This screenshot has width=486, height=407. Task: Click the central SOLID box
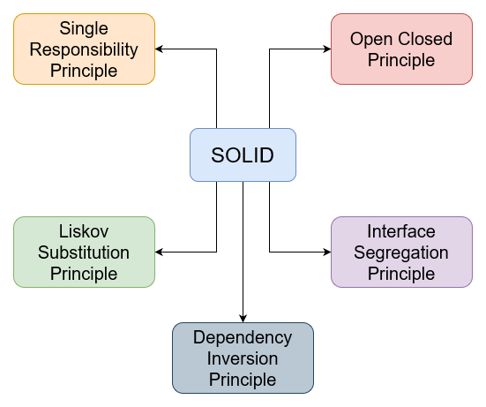click(x=243, y=155)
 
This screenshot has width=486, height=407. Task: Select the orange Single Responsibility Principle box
click(x=85, y=49)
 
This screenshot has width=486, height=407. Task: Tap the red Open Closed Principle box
click(x=401, y=49)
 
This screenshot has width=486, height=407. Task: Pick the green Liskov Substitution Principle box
click(x=85, y=252)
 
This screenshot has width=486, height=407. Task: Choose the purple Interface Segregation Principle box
click(x=401, y=252)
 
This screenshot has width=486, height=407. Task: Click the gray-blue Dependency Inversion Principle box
click(x=243, y=358)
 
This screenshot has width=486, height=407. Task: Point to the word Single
click(x=85, y=28)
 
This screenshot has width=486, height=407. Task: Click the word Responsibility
click(x=85, y=49)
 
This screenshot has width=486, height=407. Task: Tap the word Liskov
click(x=85, y=231)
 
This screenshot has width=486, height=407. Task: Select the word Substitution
click(x=85, y=252)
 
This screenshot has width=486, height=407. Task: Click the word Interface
click(x=401, y=231)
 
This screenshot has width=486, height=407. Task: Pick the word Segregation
click(x=401, y=252)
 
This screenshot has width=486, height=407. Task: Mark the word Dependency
click(x=243, y=337)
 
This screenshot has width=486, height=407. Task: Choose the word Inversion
click(x=243, y=358)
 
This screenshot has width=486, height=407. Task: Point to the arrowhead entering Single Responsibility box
click(x=161, y=49)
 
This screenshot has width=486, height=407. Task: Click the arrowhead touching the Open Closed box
click(x=325, y=49)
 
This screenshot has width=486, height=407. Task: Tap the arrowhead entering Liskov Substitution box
click(x=161, y=252)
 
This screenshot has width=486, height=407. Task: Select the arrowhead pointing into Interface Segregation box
click(x=325, y=252)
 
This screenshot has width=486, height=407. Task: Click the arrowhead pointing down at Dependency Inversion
click(x=243, y=317)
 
